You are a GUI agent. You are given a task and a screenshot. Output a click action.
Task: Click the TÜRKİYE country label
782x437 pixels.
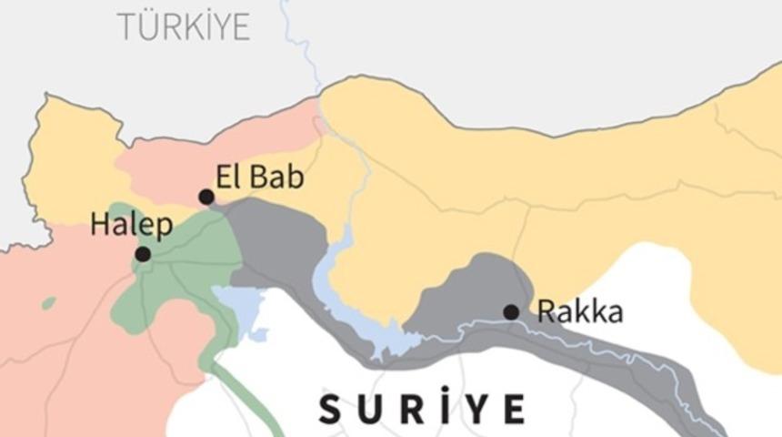click(183, 26)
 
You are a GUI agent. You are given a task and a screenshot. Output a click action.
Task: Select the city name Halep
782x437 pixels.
click(131, 225)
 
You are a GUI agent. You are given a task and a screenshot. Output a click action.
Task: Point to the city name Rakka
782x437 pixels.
click(580, 312)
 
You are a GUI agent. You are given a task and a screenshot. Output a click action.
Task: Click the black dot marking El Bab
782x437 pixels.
click(206, 197)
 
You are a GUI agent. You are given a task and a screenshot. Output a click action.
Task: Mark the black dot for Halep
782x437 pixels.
click(143, 254)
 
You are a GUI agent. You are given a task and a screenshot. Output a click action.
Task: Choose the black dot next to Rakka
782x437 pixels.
click(511, 312)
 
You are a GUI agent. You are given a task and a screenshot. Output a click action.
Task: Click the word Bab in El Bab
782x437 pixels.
click(274, 177)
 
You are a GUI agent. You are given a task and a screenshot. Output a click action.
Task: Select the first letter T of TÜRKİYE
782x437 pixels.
click(125, 27)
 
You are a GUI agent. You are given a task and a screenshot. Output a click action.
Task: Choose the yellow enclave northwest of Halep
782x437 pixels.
click(68, 164)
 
